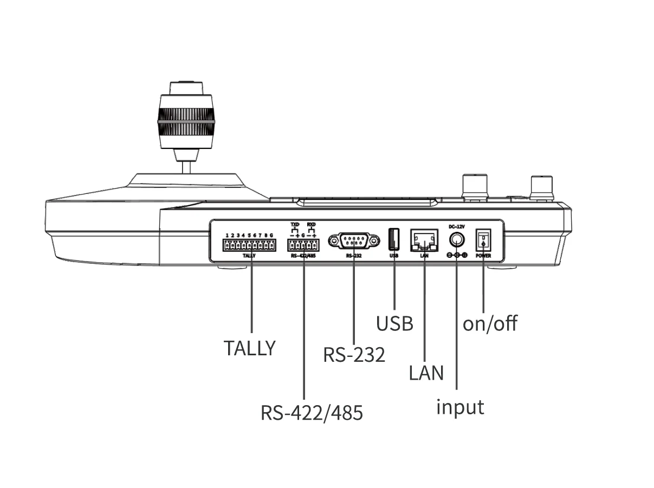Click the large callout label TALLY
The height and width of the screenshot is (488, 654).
(250, 348)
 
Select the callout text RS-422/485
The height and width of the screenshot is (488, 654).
(312, 413)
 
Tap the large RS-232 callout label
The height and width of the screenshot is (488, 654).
(354, 355)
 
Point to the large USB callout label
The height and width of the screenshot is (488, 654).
(394, 323)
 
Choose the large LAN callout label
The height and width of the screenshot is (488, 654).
(426, 373)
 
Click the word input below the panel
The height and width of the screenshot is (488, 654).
(460, 406)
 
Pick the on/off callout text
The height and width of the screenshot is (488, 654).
(490, 323)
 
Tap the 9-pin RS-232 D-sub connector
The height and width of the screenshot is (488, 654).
(354, 239)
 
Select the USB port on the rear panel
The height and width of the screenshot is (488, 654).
(394, 239)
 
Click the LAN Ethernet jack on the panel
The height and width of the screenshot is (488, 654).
(425, 239)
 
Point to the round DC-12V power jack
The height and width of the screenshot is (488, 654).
(457, 239)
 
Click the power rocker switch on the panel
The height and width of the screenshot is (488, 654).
(483, 239)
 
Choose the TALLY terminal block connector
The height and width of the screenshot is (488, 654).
(249, 245)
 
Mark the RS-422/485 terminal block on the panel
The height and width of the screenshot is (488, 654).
(303, 245)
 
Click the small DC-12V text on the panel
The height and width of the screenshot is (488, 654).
(457, 226)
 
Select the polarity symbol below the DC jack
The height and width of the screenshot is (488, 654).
(457, 255)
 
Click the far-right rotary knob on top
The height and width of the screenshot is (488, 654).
(541, 187)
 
